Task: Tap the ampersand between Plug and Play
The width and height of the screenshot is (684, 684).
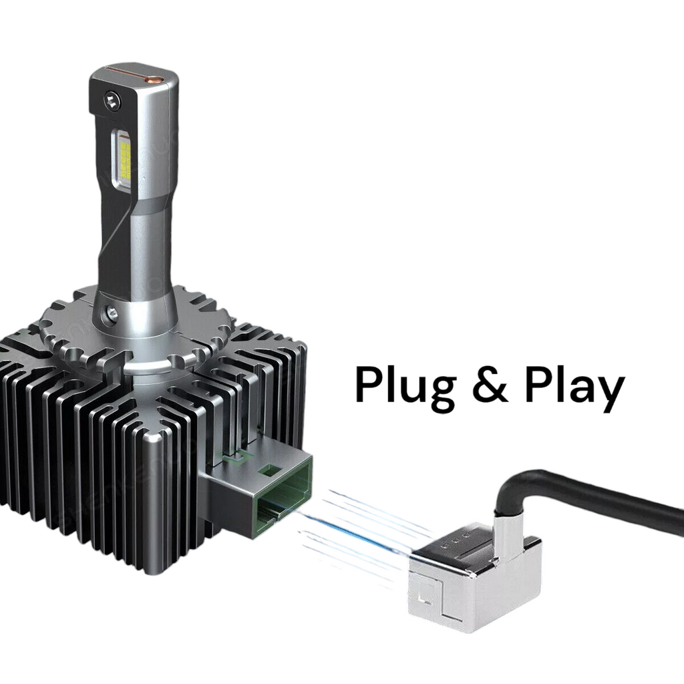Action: [x=490, y=384]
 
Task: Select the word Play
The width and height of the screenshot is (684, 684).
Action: [x=574, y=387]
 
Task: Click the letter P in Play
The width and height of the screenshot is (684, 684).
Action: [x=540, y=384]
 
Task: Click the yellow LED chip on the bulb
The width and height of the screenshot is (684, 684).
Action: [x=125, y=161]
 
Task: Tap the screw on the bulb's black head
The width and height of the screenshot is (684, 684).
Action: [x=112, y=102]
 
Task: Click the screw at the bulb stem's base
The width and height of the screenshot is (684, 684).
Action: [x=112, y=313]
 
